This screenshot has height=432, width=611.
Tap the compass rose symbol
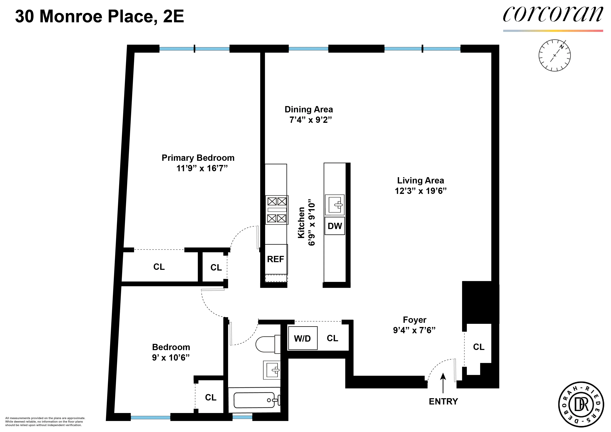[555, 55]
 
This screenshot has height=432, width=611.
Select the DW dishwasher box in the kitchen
[335, 226]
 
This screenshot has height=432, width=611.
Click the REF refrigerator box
[276, 259]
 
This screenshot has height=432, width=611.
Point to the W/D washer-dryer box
[303, 338]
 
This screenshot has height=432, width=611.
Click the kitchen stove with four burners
[277, 210]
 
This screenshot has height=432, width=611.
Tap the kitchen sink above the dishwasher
[335, 205]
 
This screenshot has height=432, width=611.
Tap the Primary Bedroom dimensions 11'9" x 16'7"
[202, 168]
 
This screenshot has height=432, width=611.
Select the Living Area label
[420, 180]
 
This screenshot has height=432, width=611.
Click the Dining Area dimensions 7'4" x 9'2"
[311, 120]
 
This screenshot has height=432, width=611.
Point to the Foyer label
[415, 320]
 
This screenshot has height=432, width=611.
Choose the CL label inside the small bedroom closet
[211, 397]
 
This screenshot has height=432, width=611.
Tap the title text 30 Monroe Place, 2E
[99, 17]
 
